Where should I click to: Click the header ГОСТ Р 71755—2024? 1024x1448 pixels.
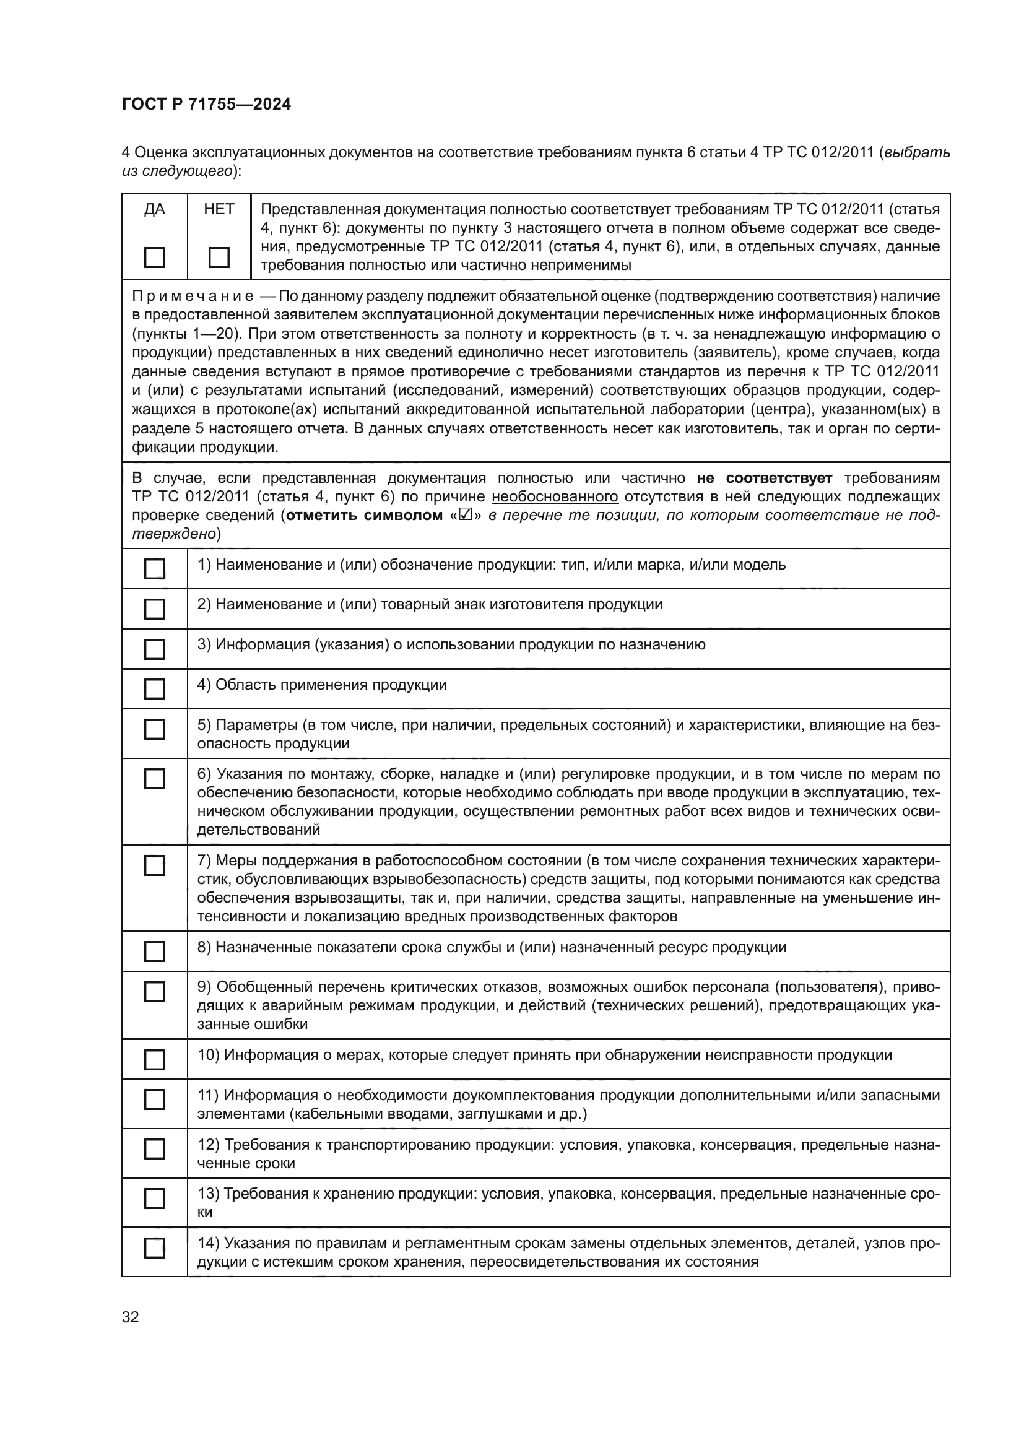tap(206, 105)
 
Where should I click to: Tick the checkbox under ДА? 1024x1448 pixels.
tap(155, 258)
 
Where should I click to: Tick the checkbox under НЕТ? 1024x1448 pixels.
tap(219, 258)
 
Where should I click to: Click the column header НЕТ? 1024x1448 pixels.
tap(219, 209)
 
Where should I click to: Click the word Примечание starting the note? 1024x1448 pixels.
tap(193, 296)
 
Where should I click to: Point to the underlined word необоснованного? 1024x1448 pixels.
tap(554, 497)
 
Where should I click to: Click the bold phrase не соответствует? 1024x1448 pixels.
tap(764, 478)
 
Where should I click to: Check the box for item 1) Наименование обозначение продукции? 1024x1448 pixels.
tap(155, 569)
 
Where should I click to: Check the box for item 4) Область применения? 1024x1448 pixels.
tap(155, 688)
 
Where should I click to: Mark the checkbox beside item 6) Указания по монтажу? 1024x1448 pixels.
tap(155, 779)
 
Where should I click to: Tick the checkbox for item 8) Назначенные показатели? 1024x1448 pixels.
tap(155, 951)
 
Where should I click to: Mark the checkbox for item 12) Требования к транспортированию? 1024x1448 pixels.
tap(155, 1149)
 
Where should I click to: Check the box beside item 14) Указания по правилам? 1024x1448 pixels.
tap(155, 1248)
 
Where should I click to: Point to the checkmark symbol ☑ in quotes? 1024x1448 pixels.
tap(466, 515)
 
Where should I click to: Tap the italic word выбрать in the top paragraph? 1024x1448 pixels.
tap(918, 153)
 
